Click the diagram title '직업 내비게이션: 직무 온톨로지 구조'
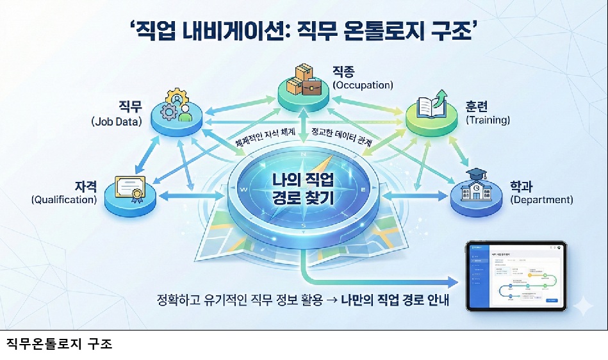(304, 31)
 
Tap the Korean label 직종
(344, 70)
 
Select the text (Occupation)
(362, 85)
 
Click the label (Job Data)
(116, 120)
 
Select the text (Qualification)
(64, 199)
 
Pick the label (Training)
(488, 120)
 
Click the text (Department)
(541, 199)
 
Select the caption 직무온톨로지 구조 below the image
(59, 344)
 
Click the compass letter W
(243, 190)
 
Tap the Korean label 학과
(523, 185)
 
